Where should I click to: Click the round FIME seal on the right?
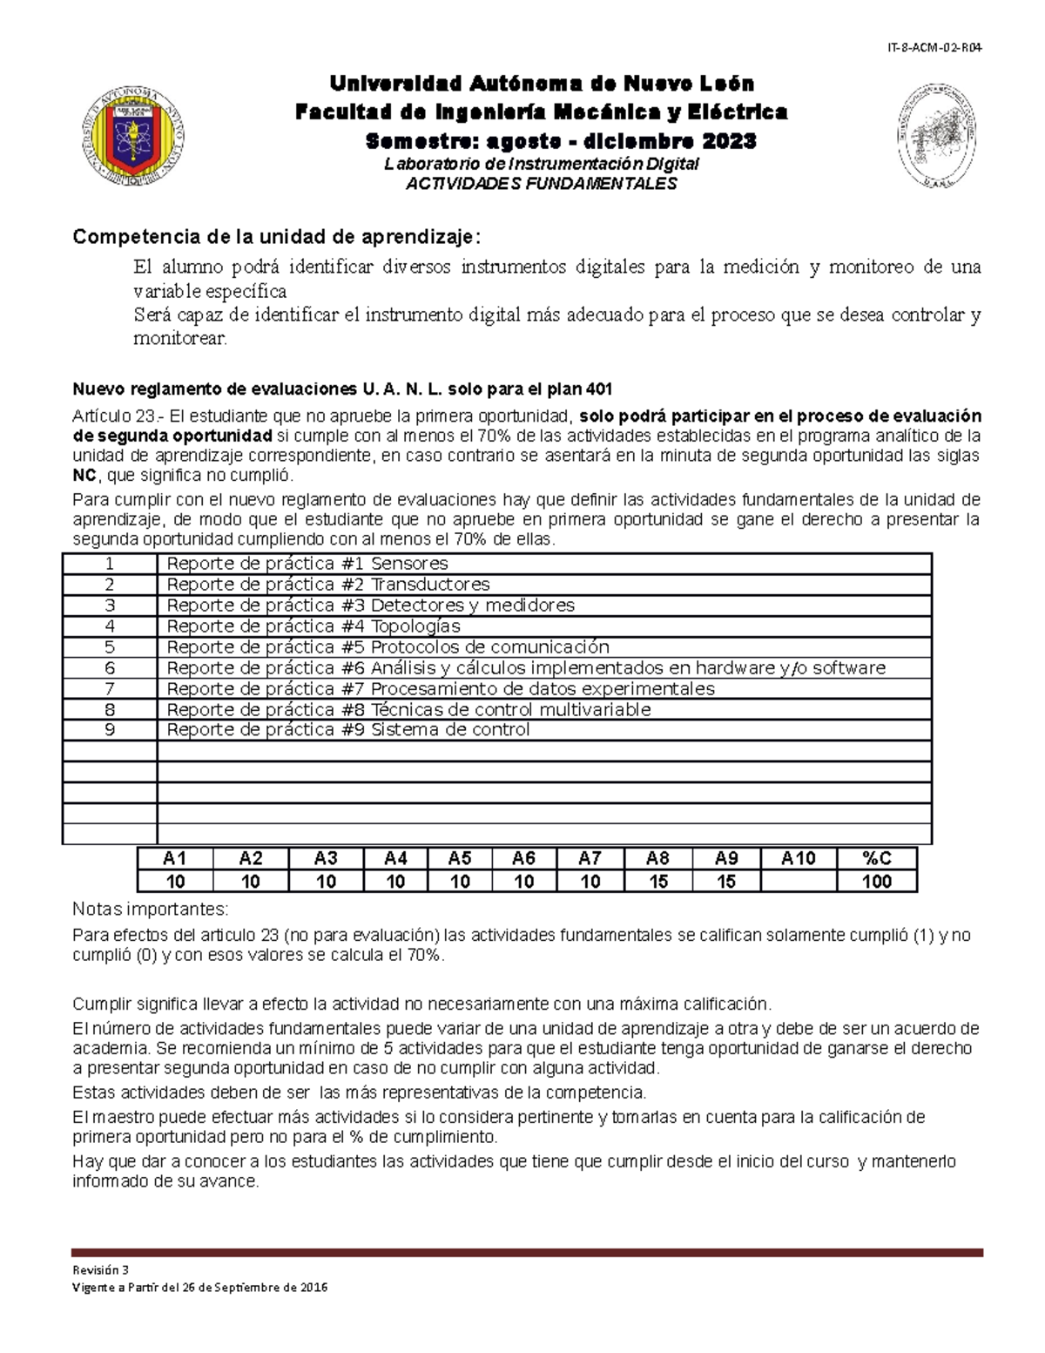[x=936, y=136]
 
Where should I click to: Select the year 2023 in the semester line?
[x=729, y=141]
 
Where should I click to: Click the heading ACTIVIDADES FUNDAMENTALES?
[x=542, y=184]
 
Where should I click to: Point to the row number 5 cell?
[x=110, y=647]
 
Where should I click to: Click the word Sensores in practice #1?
[x=409, y=564]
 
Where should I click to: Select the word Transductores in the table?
[x=430, y=585]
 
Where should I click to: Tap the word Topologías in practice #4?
[x=415, y=626]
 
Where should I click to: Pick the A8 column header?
[x=657, y=858]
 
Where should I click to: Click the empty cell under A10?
[x=798, y=881]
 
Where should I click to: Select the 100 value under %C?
[x=876, y=881]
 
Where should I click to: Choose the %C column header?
[x=876, y=858]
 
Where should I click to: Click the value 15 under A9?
[x=725, y=881]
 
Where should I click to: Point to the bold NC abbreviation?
[x=84, y=476]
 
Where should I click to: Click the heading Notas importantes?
[x=150, y=910]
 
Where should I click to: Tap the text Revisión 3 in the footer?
[x=100, y=1269]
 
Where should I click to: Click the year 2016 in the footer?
[x=311, y=1288]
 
